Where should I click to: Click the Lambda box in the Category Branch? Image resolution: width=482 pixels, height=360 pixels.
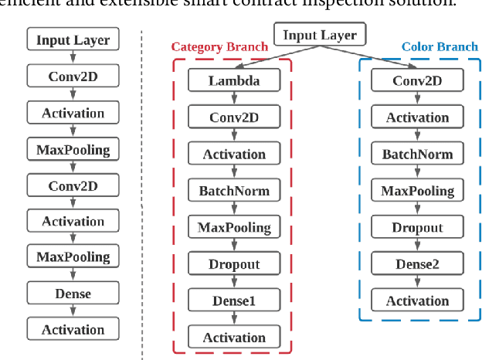234,80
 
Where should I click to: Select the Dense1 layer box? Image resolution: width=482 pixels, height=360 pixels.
234,301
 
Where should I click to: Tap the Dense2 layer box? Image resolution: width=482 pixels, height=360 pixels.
418,264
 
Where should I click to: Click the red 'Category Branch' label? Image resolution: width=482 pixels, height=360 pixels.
219,47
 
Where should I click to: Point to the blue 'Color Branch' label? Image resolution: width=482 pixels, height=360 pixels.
440,47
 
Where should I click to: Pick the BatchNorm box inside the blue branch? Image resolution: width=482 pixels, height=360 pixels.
418,154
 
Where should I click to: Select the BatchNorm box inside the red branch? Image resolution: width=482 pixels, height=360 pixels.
234,191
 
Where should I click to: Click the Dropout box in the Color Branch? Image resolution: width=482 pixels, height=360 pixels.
418,227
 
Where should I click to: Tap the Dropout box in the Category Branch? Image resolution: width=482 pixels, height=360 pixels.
234,264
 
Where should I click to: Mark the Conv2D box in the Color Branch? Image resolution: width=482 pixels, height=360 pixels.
418,80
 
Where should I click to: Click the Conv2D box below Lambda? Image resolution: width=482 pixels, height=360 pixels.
234,117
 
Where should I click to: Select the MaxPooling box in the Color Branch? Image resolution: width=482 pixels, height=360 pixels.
418,191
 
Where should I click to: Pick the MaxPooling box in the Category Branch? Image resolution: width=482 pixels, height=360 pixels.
234,227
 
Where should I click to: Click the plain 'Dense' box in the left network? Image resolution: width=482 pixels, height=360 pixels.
73,294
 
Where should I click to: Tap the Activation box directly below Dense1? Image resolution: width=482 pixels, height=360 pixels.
234,338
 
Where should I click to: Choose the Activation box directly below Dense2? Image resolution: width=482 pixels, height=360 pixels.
418,301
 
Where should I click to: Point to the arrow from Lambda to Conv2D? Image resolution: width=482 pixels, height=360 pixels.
234,99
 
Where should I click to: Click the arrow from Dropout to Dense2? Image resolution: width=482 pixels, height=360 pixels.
418,246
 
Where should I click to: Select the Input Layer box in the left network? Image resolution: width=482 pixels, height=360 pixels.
73,39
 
